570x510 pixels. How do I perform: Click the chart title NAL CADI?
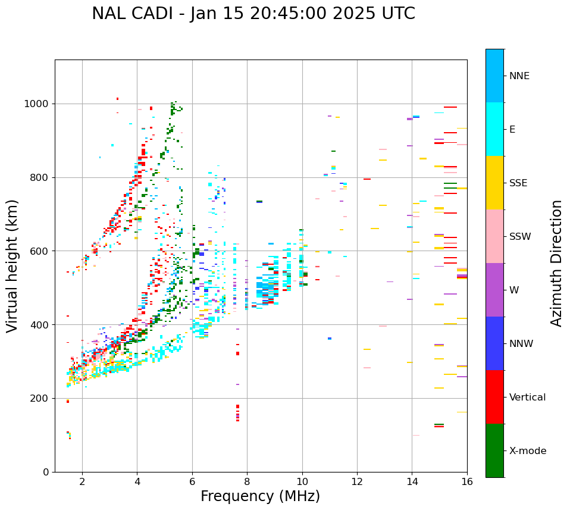click(253, 14)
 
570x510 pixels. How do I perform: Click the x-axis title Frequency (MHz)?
click(260, 496)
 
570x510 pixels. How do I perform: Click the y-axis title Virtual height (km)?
click(12, 265)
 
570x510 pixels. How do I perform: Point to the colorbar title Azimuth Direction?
click(556, 263)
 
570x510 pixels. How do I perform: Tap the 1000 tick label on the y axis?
click(37, 104)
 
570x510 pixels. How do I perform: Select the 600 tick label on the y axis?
click(40, 251)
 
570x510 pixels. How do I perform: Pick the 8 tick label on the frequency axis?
click(247, 481)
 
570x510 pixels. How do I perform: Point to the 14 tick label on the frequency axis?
click(412, 481)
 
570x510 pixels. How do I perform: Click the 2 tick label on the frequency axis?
click(82, 481)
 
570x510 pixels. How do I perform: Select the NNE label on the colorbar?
click(519, 76)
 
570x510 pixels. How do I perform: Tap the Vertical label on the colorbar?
click(527, 398)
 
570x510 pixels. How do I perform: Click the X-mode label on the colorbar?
click(528, 451)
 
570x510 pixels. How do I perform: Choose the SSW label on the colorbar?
click(520, 237)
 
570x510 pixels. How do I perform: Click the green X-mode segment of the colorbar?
click(494, 450)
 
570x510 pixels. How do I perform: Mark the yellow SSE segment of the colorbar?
click(494, 183)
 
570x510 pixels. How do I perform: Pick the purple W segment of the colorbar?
click(494, 290)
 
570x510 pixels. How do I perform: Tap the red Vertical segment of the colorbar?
click(494, 397)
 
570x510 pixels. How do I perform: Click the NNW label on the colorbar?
click(521, 344)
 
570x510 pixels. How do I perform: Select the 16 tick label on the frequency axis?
click(467, 481)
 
